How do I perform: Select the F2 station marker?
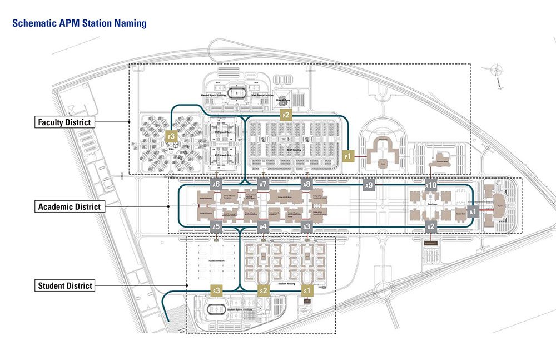tap(286, 115)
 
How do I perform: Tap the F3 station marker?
tap(172, 136)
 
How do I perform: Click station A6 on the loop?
tap(217, 184)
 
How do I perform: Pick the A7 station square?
tap(264, 184)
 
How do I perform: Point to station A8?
tap(306, 184)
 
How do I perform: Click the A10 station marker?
tap(431, 184)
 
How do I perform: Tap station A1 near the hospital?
tap(473, 212)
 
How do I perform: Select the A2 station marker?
tap(430, 226)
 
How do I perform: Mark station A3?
tap(306, 226)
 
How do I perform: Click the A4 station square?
tap(264, 226)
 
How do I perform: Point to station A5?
tap(217, 226)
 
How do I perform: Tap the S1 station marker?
tap(307, 290)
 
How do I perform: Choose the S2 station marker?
tap(264, 290)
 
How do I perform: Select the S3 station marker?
tap(217, 290)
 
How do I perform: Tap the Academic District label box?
tap(69, 206)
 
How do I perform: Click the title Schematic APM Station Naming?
tap(79, 23)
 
